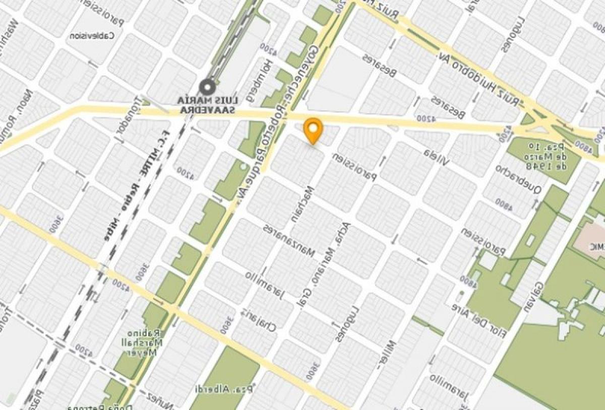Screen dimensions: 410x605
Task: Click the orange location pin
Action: pyautogui.click(x=313, y=129)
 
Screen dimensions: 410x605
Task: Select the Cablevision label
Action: pyautogui.click(x=92, y=36)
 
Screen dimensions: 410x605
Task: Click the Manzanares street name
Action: pyautogui.click(x=289, y=240)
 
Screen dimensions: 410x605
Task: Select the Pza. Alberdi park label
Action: pyautogui.click(x=220, y=389)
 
